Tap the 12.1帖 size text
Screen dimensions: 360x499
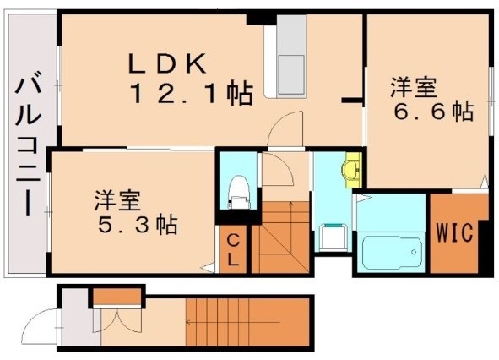click(x=191, y=95)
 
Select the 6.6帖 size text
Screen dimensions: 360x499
click(x=431, y=112)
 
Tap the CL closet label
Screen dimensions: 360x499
click(x=232, y=251)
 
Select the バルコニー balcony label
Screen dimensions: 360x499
click(x=28, y=143)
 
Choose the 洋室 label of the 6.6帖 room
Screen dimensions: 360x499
click(x=413, y=86)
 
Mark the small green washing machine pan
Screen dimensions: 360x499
click(x=334, y=237)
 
